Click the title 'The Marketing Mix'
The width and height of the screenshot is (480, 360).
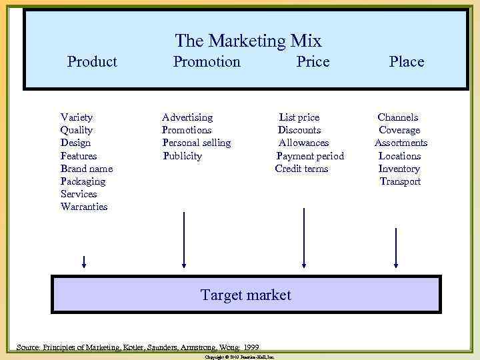248,41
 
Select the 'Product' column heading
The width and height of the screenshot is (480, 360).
92,62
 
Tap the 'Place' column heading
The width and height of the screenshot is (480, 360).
406,62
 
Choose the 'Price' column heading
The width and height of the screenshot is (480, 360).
313,62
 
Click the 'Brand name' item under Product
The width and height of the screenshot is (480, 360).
87,169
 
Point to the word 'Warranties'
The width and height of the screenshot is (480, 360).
84,207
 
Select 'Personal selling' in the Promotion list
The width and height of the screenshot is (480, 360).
197,143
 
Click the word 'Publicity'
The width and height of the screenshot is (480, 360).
182,156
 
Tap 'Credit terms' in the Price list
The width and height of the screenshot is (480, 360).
301,169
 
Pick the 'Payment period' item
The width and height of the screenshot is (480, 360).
310,156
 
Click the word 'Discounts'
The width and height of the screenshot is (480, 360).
299,130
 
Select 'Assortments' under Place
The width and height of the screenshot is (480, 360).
401,143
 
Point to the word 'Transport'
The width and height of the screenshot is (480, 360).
400,181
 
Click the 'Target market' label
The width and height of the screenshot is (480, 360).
246,295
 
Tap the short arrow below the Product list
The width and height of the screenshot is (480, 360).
84,261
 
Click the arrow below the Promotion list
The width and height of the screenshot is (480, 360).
184,241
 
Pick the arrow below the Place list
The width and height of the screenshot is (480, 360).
397,246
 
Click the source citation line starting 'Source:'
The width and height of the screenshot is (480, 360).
138,347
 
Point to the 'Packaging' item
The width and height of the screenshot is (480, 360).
83,181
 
